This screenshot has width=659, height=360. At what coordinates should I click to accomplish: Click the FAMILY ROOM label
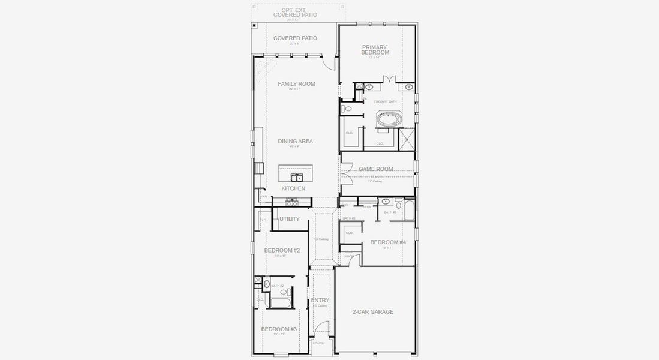(296, 84)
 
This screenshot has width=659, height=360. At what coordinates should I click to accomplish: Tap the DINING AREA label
(296, 142)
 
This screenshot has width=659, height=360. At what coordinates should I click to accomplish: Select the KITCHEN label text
(293, 188)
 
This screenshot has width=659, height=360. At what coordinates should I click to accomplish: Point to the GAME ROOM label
(376, 169)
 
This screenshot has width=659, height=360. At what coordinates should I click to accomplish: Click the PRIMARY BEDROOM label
(375, 50)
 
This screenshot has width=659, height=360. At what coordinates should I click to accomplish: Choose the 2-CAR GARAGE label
(373, 312)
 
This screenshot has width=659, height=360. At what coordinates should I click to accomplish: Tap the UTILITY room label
(289, 219)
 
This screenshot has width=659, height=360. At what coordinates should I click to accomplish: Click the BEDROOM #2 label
(282, 250)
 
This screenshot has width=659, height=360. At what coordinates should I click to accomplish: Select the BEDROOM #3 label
(279, 329)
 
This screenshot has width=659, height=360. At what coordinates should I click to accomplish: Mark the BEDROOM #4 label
(388, 242)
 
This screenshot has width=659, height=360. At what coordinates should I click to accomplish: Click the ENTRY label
(320, 301)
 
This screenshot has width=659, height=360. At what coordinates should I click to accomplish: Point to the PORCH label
(318, 343)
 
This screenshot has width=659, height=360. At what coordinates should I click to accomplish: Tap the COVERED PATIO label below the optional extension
(295, 38)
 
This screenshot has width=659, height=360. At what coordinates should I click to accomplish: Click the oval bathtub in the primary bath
(390, 120)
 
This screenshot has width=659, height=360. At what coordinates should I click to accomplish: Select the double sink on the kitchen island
(296, 178)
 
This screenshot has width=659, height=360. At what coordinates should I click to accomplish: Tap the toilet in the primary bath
(346, 109)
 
